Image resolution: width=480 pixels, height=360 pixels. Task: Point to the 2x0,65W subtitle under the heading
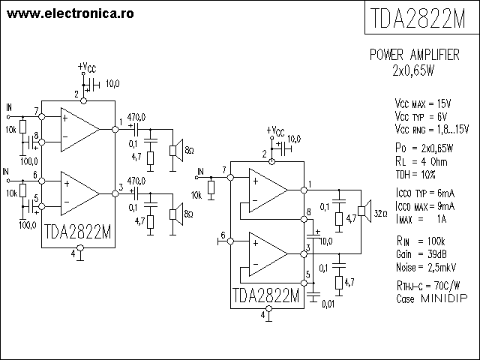pyautogui.click(x=414, y=71)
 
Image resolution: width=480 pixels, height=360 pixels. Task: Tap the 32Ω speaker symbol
pyautogui.click(x=364, y=214)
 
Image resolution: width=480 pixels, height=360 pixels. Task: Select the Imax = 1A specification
pyautogui.click(x=421, y=219)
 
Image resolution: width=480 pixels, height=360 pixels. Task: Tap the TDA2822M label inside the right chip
pyautogui.click(x=265, y=295)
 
